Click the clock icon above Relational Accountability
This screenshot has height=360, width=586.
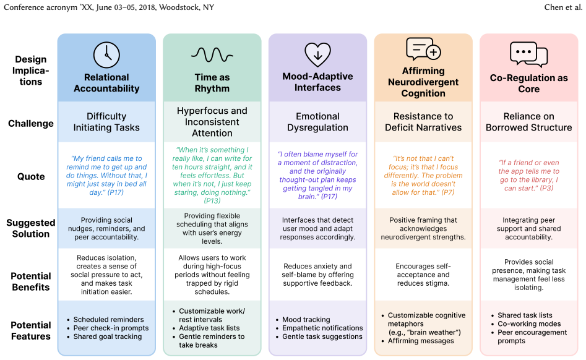coord(106,55)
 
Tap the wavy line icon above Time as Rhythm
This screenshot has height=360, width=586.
coord(212,55)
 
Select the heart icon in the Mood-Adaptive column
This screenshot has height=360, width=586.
coord(317,54)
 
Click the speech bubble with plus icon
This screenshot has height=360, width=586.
coord(423,49)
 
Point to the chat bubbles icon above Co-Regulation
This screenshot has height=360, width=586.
coord(529,54)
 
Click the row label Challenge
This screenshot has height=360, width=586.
coord(31,124)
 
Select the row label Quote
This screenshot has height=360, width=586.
coord(31,177)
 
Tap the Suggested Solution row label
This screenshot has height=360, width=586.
coord(31,228)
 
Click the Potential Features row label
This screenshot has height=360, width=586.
coord(31,330)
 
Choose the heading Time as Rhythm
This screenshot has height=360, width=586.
coord(212,83)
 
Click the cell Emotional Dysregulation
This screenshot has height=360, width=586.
coord(317,122)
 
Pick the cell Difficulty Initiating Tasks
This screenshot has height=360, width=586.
coord(106,122)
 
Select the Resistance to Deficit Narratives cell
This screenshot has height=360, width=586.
coord(423,122)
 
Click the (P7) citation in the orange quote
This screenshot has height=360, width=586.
coord(448,192)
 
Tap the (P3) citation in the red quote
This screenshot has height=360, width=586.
coord(546,188)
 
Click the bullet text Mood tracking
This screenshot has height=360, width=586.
coord(306,320)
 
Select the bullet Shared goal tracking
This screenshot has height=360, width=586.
coord(108,336)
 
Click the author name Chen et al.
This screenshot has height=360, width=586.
coord(563,7)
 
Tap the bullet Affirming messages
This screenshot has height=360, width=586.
coord(421,341)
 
